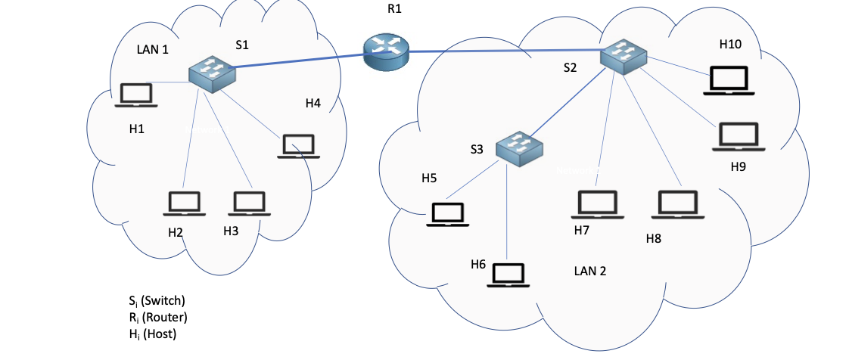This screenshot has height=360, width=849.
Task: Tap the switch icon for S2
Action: [624, 57]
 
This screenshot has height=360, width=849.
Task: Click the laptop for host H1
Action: [135, 96]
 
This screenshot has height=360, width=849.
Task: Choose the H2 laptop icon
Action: [184, 204]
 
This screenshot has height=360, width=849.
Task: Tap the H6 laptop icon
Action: [508, 275]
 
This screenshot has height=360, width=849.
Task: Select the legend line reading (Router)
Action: [158, 317]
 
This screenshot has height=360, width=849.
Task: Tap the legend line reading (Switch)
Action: [157, 300]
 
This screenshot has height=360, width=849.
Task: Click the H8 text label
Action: [653, 239]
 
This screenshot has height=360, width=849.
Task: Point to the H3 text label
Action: [231, 231]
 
